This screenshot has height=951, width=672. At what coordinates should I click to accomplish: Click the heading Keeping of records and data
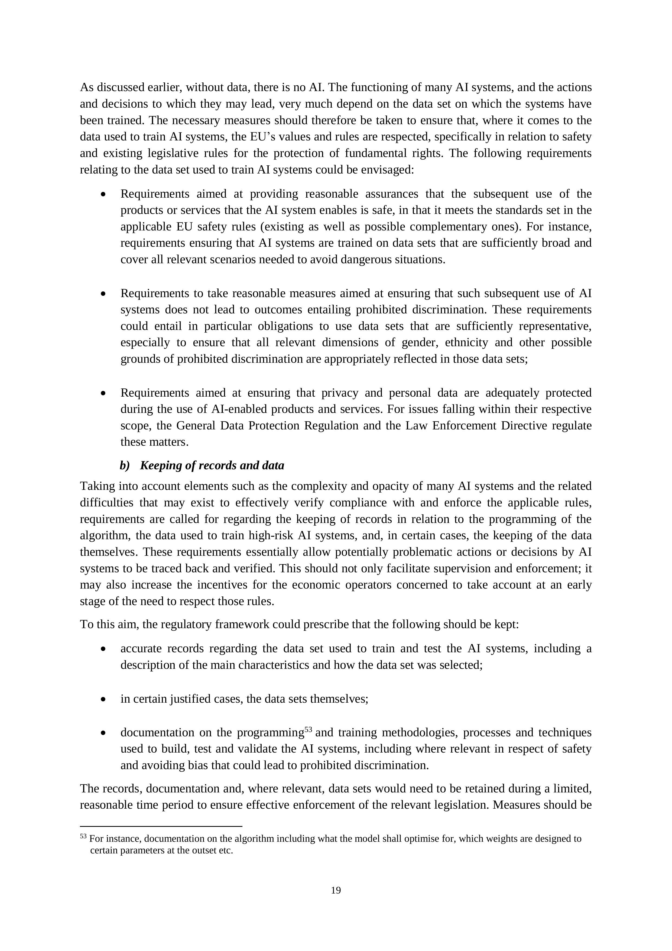pos(212,465)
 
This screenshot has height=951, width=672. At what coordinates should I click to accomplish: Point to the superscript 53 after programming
pos(308,730)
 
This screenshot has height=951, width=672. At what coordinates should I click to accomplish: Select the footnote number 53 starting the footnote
pos(83,836)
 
